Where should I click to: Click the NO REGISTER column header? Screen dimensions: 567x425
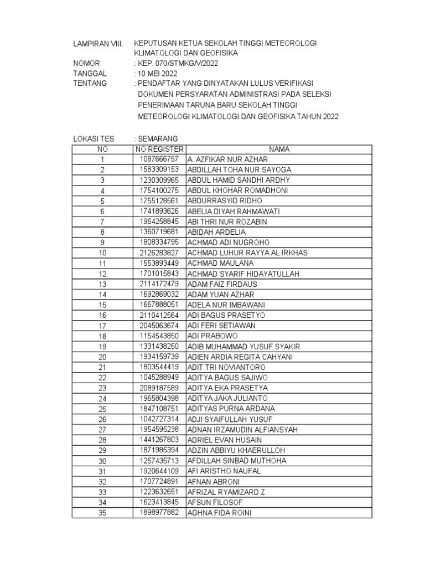158,149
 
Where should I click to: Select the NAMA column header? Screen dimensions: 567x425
279,149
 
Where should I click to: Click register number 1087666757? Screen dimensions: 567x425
158,159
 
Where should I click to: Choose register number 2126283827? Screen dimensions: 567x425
158,252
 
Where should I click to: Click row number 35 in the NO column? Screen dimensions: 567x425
102,513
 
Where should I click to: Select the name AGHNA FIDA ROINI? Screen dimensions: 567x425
219,513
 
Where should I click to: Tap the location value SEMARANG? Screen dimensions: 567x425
158,138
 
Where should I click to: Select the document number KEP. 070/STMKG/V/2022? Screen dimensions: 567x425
173,64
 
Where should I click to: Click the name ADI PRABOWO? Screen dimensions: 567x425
212,336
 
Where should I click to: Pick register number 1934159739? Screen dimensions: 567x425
158,357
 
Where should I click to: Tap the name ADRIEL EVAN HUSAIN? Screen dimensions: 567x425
225,440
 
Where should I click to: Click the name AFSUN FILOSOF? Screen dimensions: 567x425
215,502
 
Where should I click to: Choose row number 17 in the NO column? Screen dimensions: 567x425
102,326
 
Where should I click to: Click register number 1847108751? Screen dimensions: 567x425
158,409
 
